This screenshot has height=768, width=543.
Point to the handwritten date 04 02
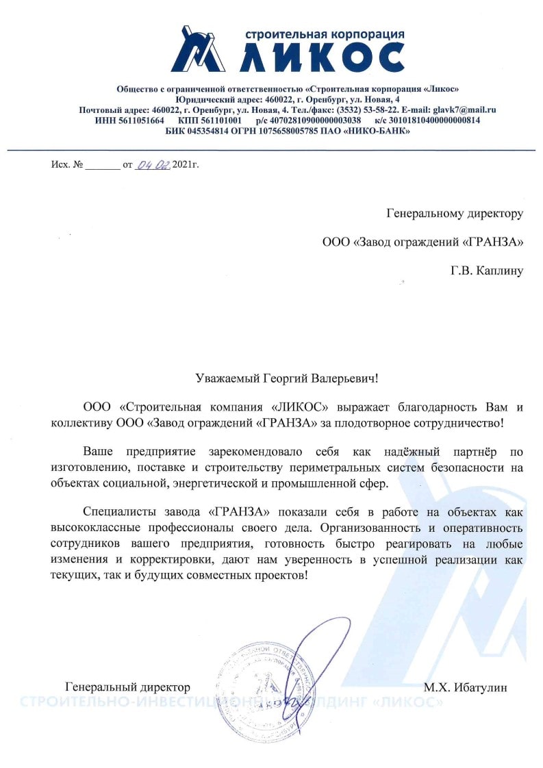point(153,165)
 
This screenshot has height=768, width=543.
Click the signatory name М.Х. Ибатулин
point(465,687)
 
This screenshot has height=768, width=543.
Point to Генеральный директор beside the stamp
point(127,687)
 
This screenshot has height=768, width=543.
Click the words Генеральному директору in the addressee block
point(454,214)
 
